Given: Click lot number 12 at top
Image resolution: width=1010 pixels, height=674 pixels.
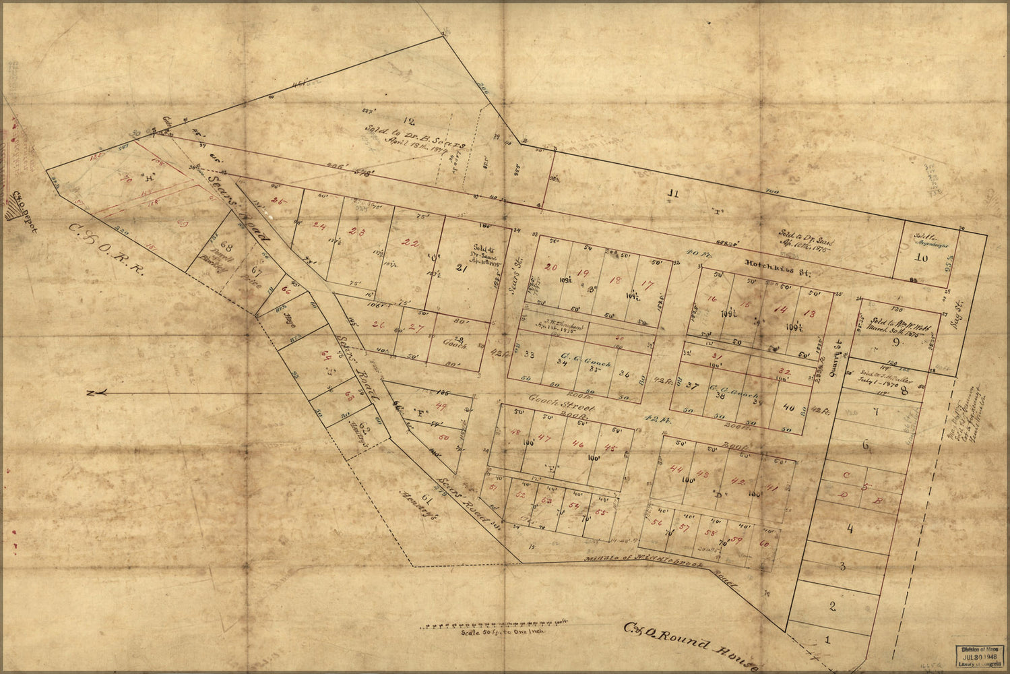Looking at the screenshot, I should [404, 102].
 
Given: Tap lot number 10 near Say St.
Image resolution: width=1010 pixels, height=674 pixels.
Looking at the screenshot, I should [920, 257].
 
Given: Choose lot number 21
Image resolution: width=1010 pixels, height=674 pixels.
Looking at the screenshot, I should [461, 269].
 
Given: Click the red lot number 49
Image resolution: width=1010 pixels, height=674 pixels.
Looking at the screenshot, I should [442, 406].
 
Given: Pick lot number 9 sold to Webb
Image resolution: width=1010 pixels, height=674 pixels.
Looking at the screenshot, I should [895, 342].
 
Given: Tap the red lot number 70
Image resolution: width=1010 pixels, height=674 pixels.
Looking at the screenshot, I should [125, 180].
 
